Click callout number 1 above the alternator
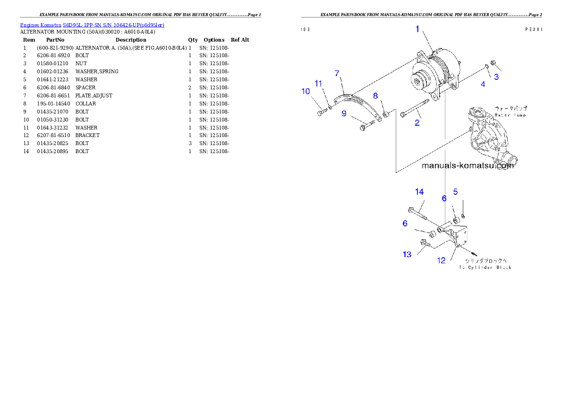417,29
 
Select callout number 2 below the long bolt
417,123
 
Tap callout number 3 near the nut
496,77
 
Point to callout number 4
483,84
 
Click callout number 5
456,191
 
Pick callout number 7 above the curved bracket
337,73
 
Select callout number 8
375,96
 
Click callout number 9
344,113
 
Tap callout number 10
306,91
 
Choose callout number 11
318,83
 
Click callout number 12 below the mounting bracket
441,260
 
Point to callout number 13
407,254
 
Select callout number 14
419,191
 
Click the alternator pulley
418,81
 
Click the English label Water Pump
510,115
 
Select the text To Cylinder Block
485,268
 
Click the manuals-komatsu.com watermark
467,165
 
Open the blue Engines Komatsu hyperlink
92,25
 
